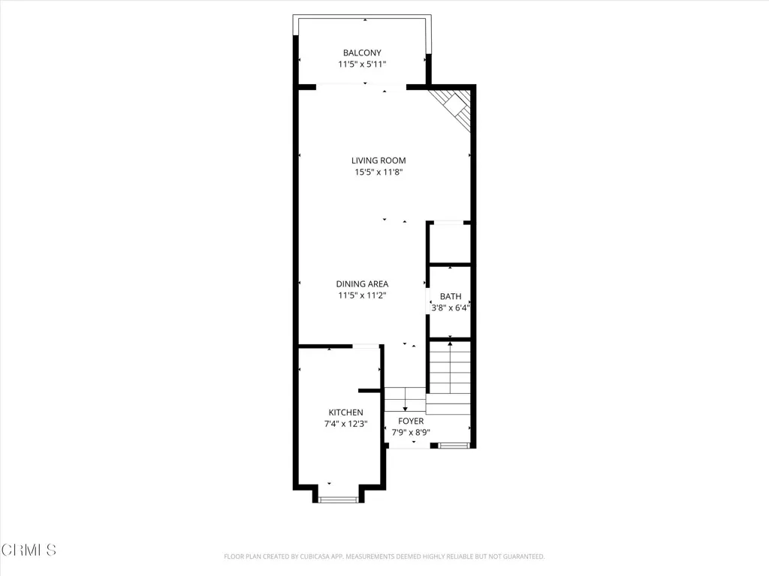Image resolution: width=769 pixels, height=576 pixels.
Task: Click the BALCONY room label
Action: [x=362, y=52]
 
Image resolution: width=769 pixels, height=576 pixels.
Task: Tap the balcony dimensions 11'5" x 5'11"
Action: [x=362, y=64]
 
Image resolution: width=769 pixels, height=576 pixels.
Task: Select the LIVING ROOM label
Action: [x=378, y=160]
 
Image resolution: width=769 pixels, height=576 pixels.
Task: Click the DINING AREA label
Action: [x=362, y=283]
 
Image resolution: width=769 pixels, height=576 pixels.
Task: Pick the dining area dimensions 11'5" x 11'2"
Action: [x=362, y=295]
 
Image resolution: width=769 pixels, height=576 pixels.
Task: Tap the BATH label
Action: [x=451, y=296]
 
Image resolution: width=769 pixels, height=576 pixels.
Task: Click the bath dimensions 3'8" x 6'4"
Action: [x=451, y=307]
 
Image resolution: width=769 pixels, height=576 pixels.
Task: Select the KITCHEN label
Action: [x=345, y=412]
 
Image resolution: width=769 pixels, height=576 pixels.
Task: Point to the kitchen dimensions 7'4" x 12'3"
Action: [x=345, y=424]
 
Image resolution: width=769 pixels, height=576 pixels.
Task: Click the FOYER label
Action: [x=411, y=421]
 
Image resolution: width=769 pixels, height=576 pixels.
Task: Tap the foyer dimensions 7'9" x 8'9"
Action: [x=411, y=433]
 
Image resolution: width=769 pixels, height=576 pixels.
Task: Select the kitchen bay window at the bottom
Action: [x=337, y=499]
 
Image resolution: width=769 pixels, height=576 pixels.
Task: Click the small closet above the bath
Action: [x=450, y=244]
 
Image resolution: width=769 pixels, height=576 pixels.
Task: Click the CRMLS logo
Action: [x=29, y=550]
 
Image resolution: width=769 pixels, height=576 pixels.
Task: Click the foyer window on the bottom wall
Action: [x=453, y=446]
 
